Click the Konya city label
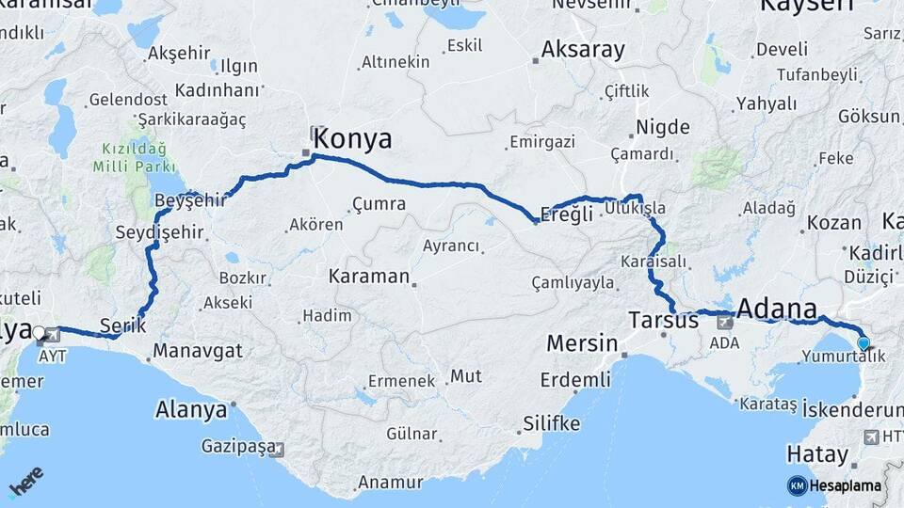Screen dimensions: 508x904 click(352, 139)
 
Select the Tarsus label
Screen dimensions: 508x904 click(664, 320)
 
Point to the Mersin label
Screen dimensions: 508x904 click(582, 342)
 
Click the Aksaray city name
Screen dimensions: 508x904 click(583, 50)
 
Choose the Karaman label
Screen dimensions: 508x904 click(369, 277)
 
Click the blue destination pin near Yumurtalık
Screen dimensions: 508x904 click(863, 344)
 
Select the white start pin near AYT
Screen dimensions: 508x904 click(40, 332)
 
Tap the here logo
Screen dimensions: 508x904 click(26, 483)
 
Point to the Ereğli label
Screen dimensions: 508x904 click(569, 214)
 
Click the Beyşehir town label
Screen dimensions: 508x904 click(191, 199)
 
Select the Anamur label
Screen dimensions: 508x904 click(390, 484)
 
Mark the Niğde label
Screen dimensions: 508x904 click(663, 127)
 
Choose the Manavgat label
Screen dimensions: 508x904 click(198, 351)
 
